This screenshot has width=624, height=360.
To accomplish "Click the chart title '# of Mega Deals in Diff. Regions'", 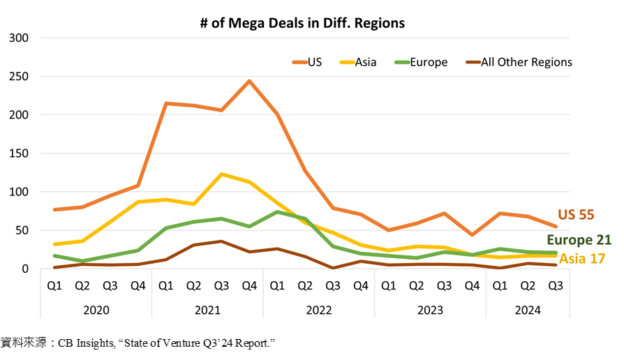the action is [x=302, y=23].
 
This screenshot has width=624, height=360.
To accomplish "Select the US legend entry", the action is [x=307, y=62].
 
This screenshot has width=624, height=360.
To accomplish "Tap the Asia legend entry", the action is [x=358, y=62].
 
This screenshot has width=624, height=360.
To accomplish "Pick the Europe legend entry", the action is [x=421, y=62].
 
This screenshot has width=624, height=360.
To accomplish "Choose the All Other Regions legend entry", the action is [x=519, y=62].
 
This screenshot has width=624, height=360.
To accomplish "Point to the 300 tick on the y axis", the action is [x=19, y=38].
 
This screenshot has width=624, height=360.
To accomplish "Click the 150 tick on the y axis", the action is [x=19, y=153].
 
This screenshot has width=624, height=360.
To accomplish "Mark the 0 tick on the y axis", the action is [x=25, y=269].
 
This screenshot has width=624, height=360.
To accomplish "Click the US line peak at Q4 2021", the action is [x=249, y=81].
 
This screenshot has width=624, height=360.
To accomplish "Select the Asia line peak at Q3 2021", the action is [x=222, y=174].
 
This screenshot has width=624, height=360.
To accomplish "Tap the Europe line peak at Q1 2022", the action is [x=277, y=211].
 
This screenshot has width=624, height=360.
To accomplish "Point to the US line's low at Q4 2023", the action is [x=473, y=234].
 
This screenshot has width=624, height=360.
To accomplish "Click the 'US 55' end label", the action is [x=576, y=215].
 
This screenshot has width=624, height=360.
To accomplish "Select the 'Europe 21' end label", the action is [x=579, y=240].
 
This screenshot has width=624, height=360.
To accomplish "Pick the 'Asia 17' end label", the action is [x=582, y=259].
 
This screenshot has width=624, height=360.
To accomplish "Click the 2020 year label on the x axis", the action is [x=96, y=310].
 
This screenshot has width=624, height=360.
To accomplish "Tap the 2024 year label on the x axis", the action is [x=528, y=310].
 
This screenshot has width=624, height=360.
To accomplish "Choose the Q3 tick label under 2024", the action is [x=556, y=285].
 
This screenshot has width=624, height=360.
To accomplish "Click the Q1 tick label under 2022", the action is [x=277, y=285].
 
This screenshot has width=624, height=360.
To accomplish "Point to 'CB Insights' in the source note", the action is [x=87, y=343].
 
